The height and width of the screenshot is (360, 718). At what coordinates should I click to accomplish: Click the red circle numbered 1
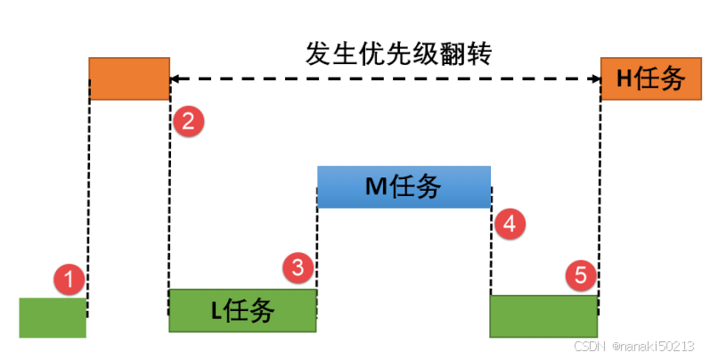tap(69, 280)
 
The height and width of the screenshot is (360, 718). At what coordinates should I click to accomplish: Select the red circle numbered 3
tap(299, 265)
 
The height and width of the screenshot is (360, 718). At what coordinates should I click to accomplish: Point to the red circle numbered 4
tap(509, 224)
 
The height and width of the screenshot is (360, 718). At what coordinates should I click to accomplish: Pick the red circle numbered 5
tap(582, 275)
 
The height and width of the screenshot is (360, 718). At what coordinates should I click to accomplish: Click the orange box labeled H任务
tap(643, 78)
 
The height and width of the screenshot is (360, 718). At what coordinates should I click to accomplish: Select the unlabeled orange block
tap(129, 78)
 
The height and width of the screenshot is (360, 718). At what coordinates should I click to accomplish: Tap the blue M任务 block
tap(404, 186)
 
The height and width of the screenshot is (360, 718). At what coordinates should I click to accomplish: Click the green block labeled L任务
tap(242, 310)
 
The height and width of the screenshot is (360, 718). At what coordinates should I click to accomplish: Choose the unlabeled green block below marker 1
tap(53, 318)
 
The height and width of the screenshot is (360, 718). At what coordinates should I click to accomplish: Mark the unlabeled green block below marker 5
tap(543, 316)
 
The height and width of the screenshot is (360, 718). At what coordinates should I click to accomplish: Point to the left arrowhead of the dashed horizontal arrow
tap(175, 78)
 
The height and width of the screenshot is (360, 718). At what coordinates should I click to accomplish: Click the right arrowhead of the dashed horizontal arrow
tap(595, 78)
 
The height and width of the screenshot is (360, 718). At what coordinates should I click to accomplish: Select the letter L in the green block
tap(216, 311)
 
